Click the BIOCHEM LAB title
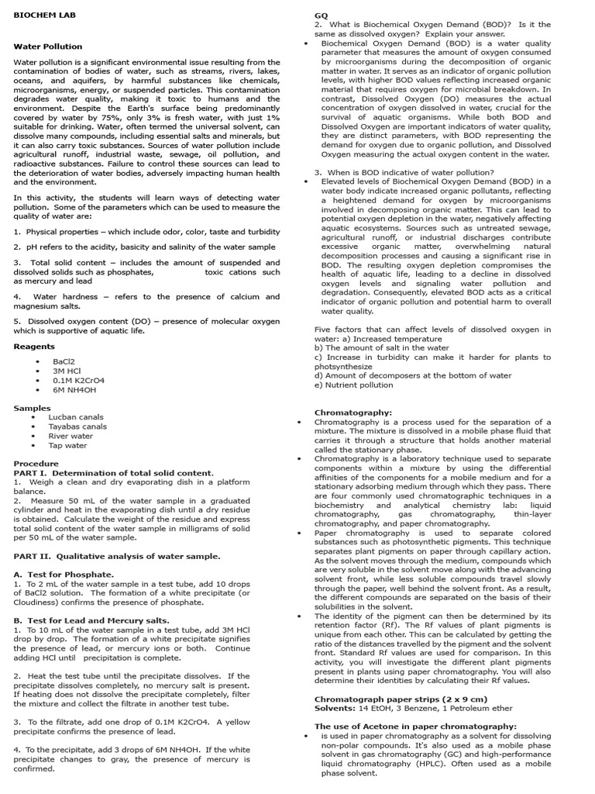pos(43,15)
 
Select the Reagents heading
pos(34,347)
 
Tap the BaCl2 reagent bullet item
pos(64,361)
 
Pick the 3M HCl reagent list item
pos(67,371)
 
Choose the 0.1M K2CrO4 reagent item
pos(78,381)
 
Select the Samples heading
pos(32,408)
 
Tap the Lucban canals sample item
pos(75,417)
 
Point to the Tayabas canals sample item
pos(77,426)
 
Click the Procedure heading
pos(36,464)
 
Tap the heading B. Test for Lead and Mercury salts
pos(91,620)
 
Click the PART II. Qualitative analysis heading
pos(117,556)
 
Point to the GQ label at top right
pos(321,16)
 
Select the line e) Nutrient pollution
pos(353,385)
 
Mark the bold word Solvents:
pos(335,709)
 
